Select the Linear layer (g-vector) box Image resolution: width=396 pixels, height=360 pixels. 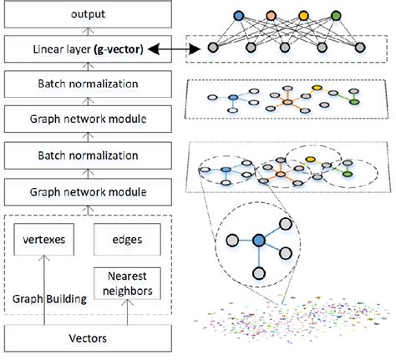click(78, 52)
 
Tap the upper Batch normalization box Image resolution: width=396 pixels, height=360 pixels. click(78, 84)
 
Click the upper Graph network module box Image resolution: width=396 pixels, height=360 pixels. click(78, 118)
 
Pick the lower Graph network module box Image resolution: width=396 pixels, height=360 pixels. click(78, 192)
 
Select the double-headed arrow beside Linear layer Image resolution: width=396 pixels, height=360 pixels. click(170, 52)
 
